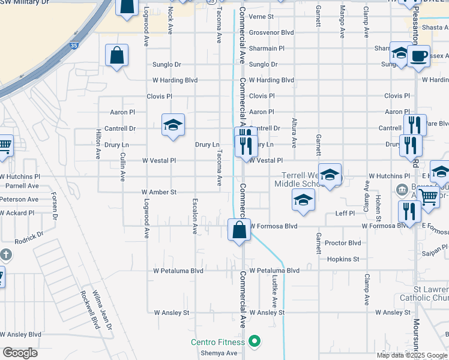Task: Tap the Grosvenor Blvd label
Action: click(x=271, y=32)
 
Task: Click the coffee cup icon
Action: click(x=418, y=57)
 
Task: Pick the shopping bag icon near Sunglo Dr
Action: click(x=117, y=56)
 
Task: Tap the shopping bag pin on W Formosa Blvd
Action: click(x=239, y=230)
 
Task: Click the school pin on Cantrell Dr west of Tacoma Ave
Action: click(x=173, y=125)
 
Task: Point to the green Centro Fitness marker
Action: click(x=255, y=341)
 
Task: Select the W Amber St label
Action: click(x=158, y=192)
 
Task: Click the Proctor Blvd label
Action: click(x=342, y=243)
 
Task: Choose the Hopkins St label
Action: click(x=343, y=259)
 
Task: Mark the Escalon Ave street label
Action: click(x=194, y=216)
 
